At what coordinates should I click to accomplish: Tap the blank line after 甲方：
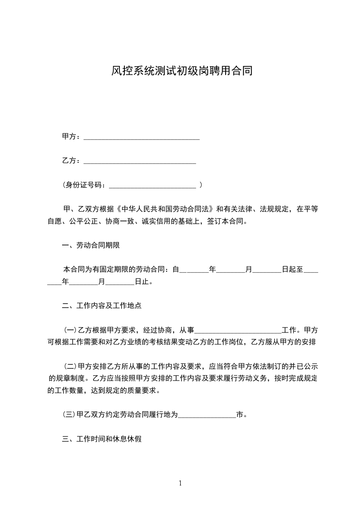(142, 137)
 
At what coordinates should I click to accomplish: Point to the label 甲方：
(71, 137)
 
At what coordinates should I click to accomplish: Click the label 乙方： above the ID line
(71, 161)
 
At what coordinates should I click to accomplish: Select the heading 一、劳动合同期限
(91, 245)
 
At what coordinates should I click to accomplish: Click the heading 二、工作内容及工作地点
(102, 306)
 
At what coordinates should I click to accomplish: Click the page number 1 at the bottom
(180, 483)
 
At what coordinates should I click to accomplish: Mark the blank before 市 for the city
(207, 414)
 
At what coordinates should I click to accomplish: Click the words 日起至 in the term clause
(292, 269)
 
